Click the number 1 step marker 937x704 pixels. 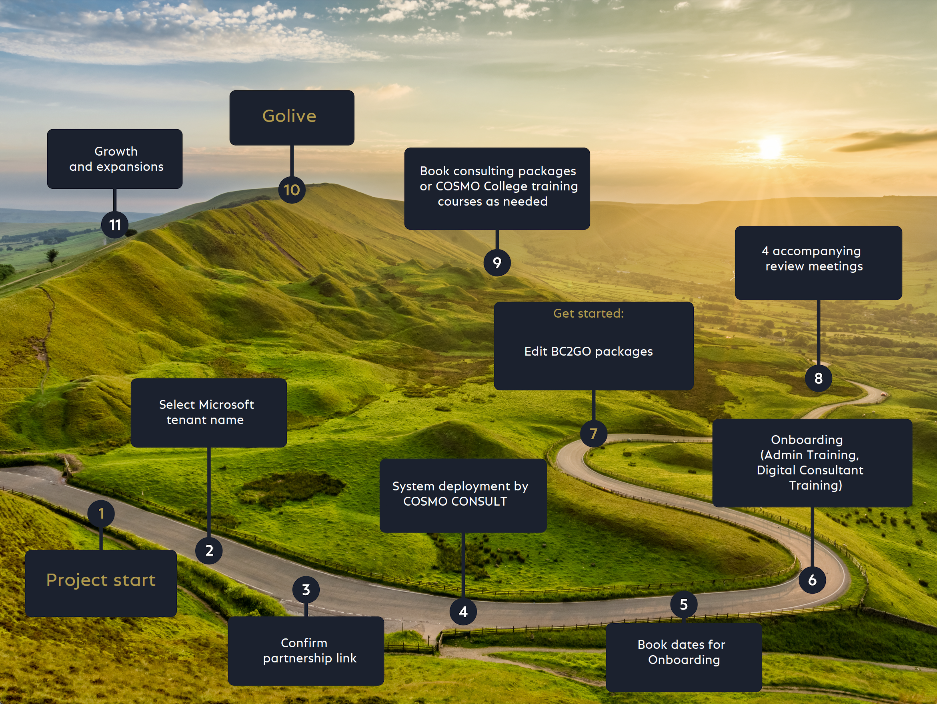[101, 513]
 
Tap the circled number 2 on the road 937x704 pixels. [209, 550]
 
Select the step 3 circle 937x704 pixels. [306, 589]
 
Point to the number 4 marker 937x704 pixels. [463, 611]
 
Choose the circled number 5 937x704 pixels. [684, 604]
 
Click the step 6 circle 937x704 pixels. [812, 580]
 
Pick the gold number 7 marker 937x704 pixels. [593, 433]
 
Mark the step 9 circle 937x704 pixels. [497, 263]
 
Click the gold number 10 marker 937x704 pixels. [291, 190]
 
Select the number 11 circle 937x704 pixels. [115, 224]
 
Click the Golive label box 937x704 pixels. [291, 117]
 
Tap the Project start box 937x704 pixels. [101, 583]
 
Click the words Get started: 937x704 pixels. [589, 314]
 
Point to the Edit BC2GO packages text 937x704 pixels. [589, 351]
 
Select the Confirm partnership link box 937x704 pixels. [306, 650]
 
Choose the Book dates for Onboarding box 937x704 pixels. [683, 656]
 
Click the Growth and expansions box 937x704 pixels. [115, 159]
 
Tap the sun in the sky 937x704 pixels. [770, 147]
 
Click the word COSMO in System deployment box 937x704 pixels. [425, 501]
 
